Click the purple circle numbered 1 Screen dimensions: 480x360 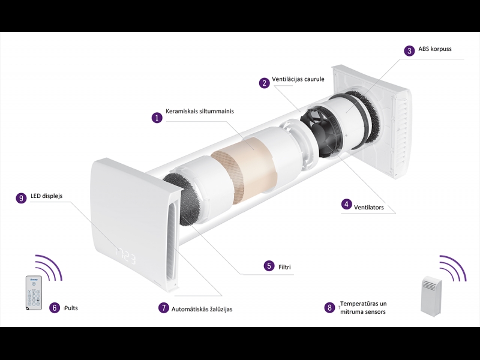click(157, 118)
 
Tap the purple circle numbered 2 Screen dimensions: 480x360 click(264, 83)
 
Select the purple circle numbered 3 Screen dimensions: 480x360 click(410, 50)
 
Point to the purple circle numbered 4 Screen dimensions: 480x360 click(347, 204)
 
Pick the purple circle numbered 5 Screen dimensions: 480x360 click(269, 265)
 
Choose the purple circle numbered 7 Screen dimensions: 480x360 click(164, 308)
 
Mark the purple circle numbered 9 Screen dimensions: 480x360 click(21, 198)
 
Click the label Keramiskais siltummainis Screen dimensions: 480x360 click(200, 111)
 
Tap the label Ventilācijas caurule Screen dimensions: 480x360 click(298, 79)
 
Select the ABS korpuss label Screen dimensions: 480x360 click(434, 49)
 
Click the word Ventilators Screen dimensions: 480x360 click(369, 207)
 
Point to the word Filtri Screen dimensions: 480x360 click(284, 267)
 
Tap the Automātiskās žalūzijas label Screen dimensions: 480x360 click(202, 309)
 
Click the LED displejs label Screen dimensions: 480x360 click(47, 196)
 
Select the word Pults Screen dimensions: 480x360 click(71, 308)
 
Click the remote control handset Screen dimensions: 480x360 click(34, 293)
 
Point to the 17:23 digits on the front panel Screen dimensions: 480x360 click(125, 256)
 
